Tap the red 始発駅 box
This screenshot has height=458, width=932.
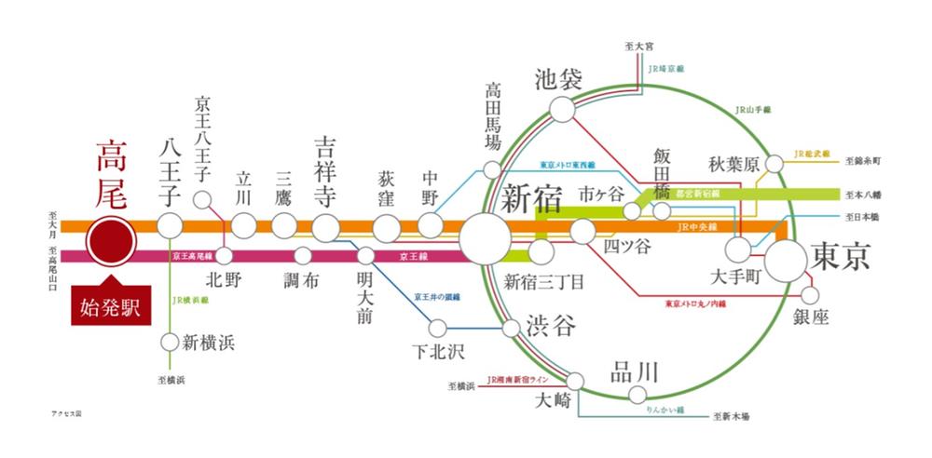coord(111,308)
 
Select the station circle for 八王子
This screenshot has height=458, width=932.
coord(170,224)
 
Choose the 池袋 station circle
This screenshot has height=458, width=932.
coord(563,110)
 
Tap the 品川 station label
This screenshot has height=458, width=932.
coord(634,371)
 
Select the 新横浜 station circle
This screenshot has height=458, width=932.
coord(170,341)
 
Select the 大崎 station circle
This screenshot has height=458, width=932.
coord(575,381)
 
